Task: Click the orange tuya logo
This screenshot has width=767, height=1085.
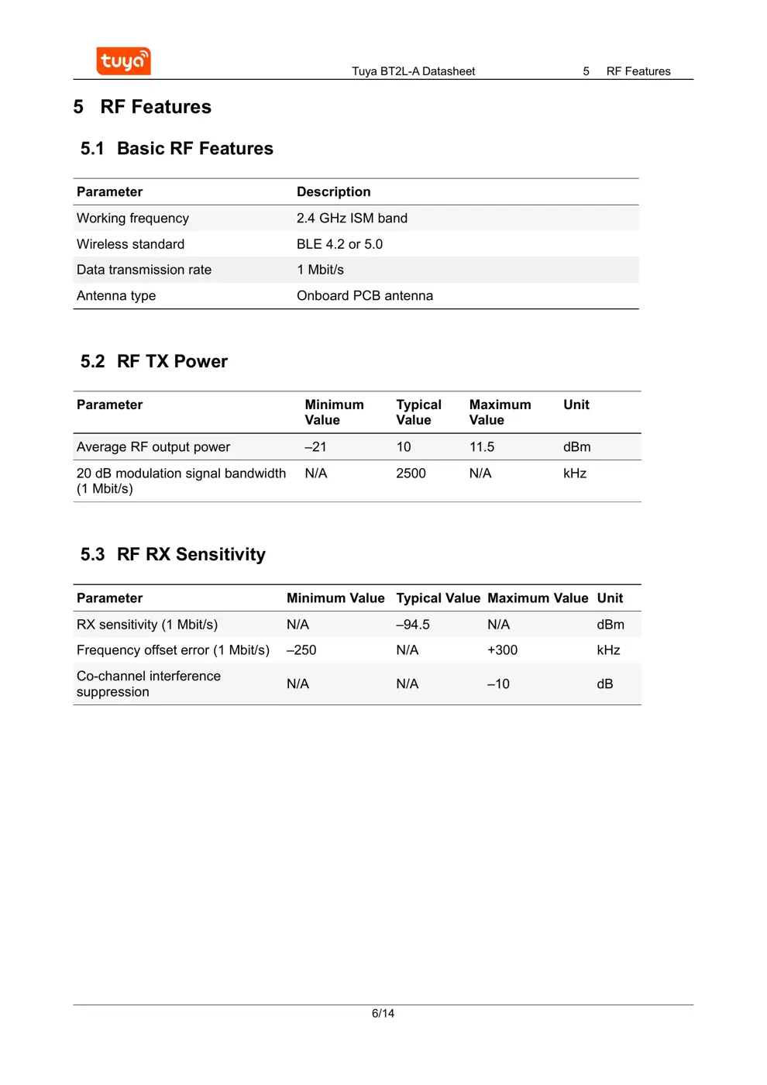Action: point(123,61)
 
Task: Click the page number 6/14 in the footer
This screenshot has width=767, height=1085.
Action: point(383,1013)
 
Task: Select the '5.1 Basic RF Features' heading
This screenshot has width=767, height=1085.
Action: point(177,149)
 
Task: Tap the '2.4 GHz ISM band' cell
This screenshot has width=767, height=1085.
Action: point(352,219)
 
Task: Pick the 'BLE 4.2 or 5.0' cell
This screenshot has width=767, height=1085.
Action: point(339,244)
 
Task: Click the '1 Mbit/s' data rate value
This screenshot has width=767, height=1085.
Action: point(320,270)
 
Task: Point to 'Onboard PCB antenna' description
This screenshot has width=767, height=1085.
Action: point(364,296)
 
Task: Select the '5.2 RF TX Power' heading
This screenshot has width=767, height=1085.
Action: point(154,362)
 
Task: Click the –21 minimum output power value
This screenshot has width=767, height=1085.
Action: point(315,447)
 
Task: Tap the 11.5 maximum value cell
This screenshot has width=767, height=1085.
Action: point(481,447)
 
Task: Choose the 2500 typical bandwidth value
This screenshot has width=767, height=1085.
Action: point(411,474)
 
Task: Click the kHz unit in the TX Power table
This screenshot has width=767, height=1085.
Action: point(574,474)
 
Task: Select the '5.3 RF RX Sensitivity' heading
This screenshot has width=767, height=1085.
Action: point(173,555)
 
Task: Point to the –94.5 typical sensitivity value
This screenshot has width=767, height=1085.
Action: point(412,625)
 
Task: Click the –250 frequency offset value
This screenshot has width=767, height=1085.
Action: point(301,650)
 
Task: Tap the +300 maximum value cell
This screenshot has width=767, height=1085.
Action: point(502,650)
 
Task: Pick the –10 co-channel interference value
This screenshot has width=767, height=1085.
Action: point(498,684)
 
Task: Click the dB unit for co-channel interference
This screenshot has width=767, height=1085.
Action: point(604,684)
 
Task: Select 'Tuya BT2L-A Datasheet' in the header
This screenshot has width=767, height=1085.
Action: point(413,71)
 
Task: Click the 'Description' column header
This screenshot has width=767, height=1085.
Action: point(333,192)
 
